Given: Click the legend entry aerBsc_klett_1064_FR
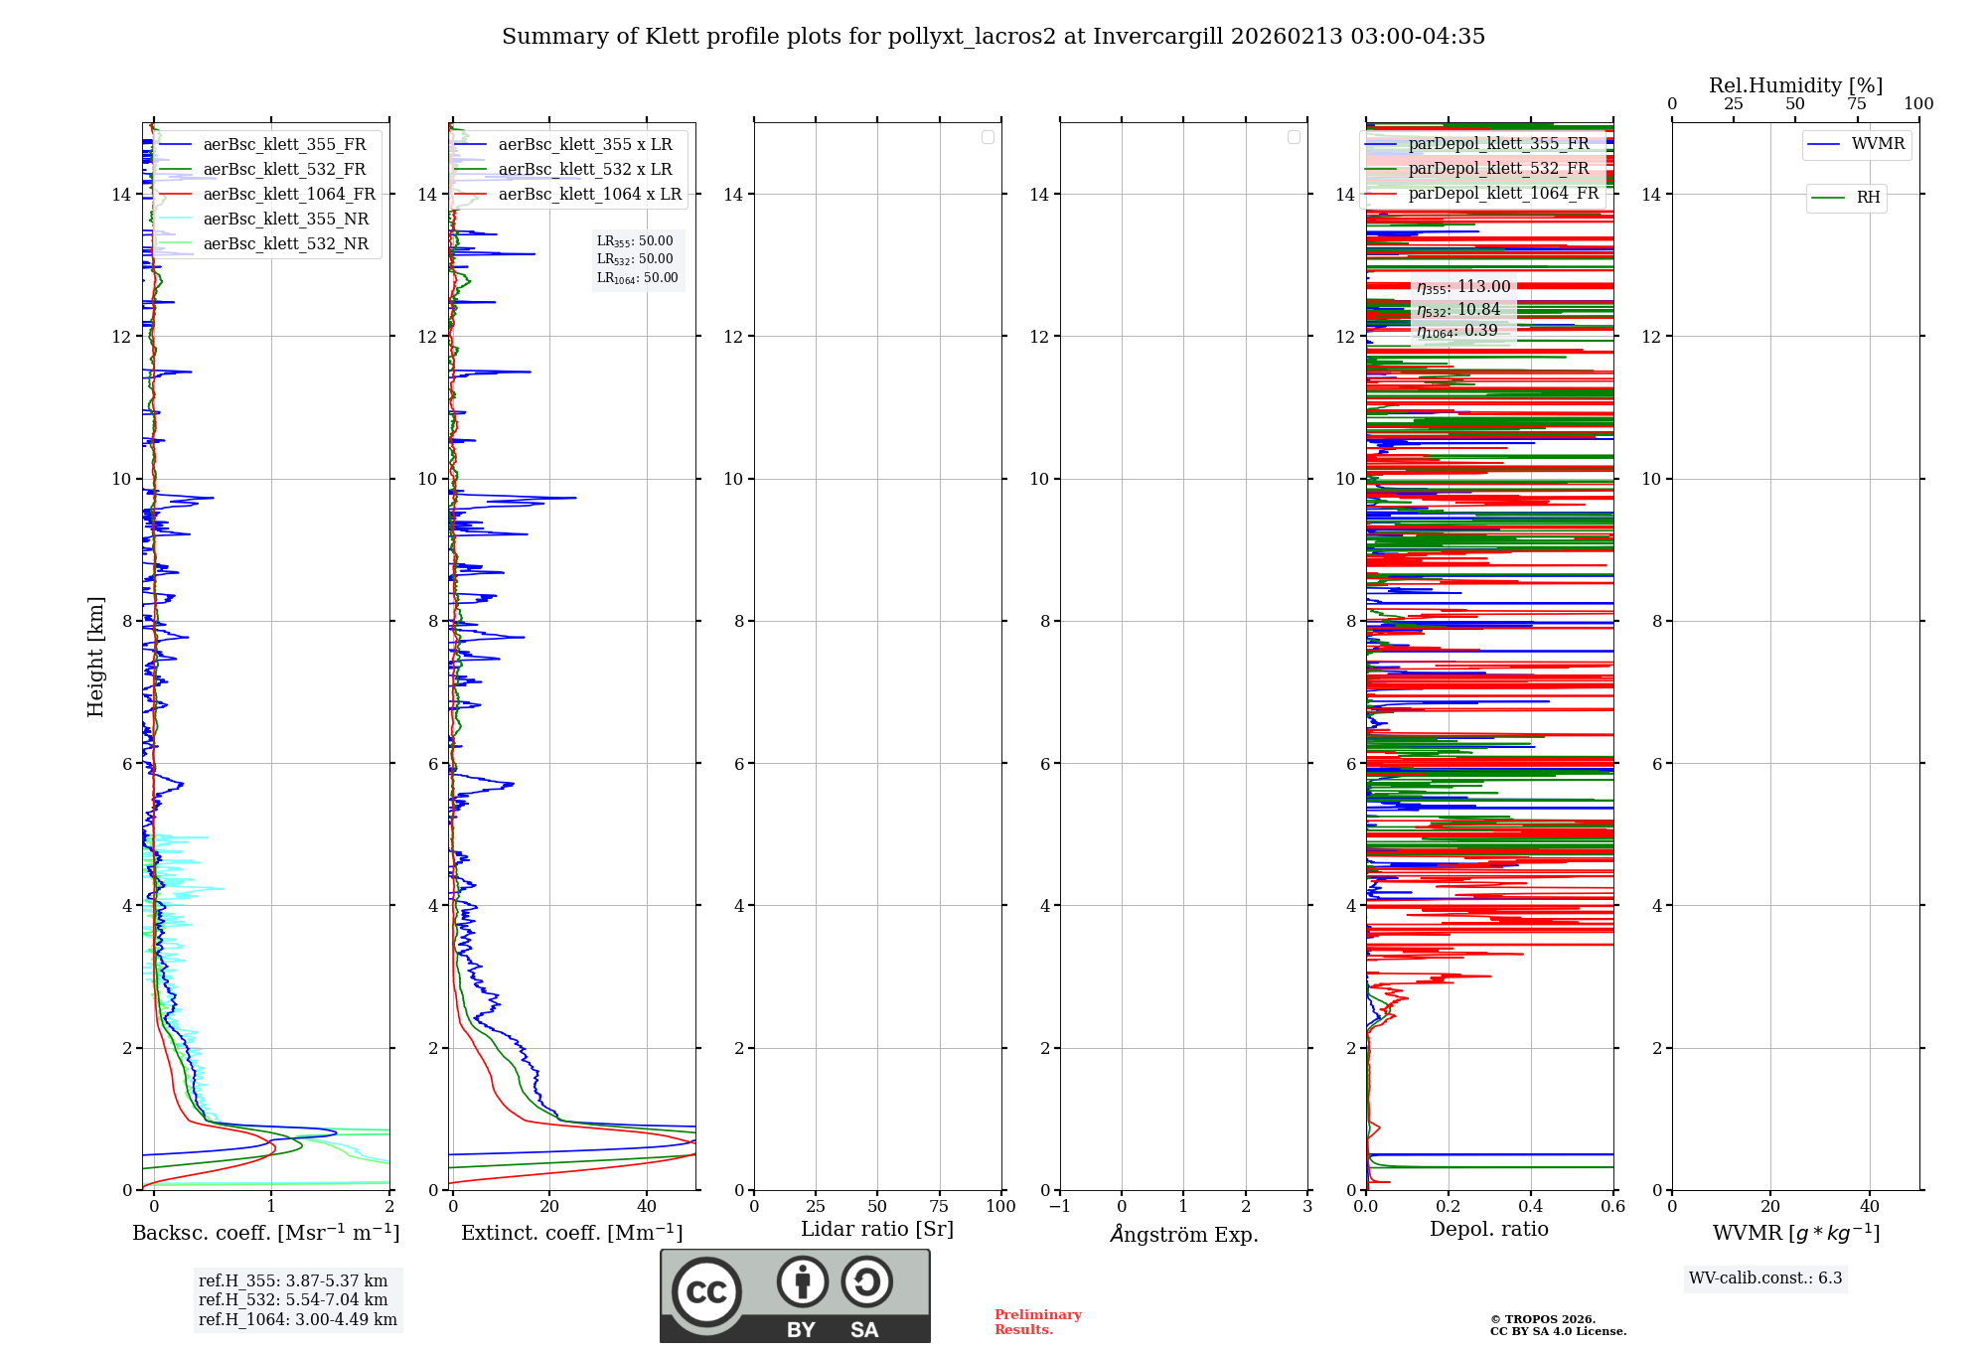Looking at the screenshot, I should (288, 195).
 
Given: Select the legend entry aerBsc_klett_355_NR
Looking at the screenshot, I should (285, 220).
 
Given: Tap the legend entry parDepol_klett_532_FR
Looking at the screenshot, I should (1498, 169).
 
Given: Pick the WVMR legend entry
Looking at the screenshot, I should (1878, 144).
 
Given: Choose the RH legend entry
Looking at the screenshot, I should (1868, 198).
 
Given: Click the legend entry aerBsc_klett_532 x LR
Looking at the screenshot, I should (584, 170).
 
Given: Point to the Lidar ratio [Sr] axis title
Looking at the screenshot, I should (877, 1230).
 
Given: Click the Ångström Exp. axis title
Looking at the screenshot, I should (1183, 1235).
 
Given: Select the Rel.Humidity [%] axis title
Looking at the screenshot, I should (1795, 85).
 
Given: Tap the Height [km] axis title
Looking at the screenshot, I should (95, 657).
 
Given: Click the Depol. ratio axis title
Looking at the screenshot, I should (1488, 1230).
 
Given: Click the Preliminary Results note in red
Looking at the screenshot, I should (1037, 1322).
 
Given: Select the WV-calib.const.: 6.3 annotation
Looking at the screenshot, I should (1765, 1278).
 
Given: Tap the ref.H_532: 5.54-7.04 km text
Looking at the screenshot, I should (293, 1300).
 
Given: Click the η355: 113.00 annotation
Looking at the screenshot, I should (1463, 287).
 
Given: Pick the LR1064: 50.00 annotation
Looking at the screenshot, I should (637, 278).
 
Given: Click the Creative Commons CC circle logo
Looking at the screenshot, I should (706, 1292).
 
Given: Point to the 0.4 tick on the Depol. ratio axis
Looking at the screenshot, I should (1531, 1207).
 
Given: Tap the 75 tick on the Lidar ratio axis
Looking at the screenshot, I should (939, 1207).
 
